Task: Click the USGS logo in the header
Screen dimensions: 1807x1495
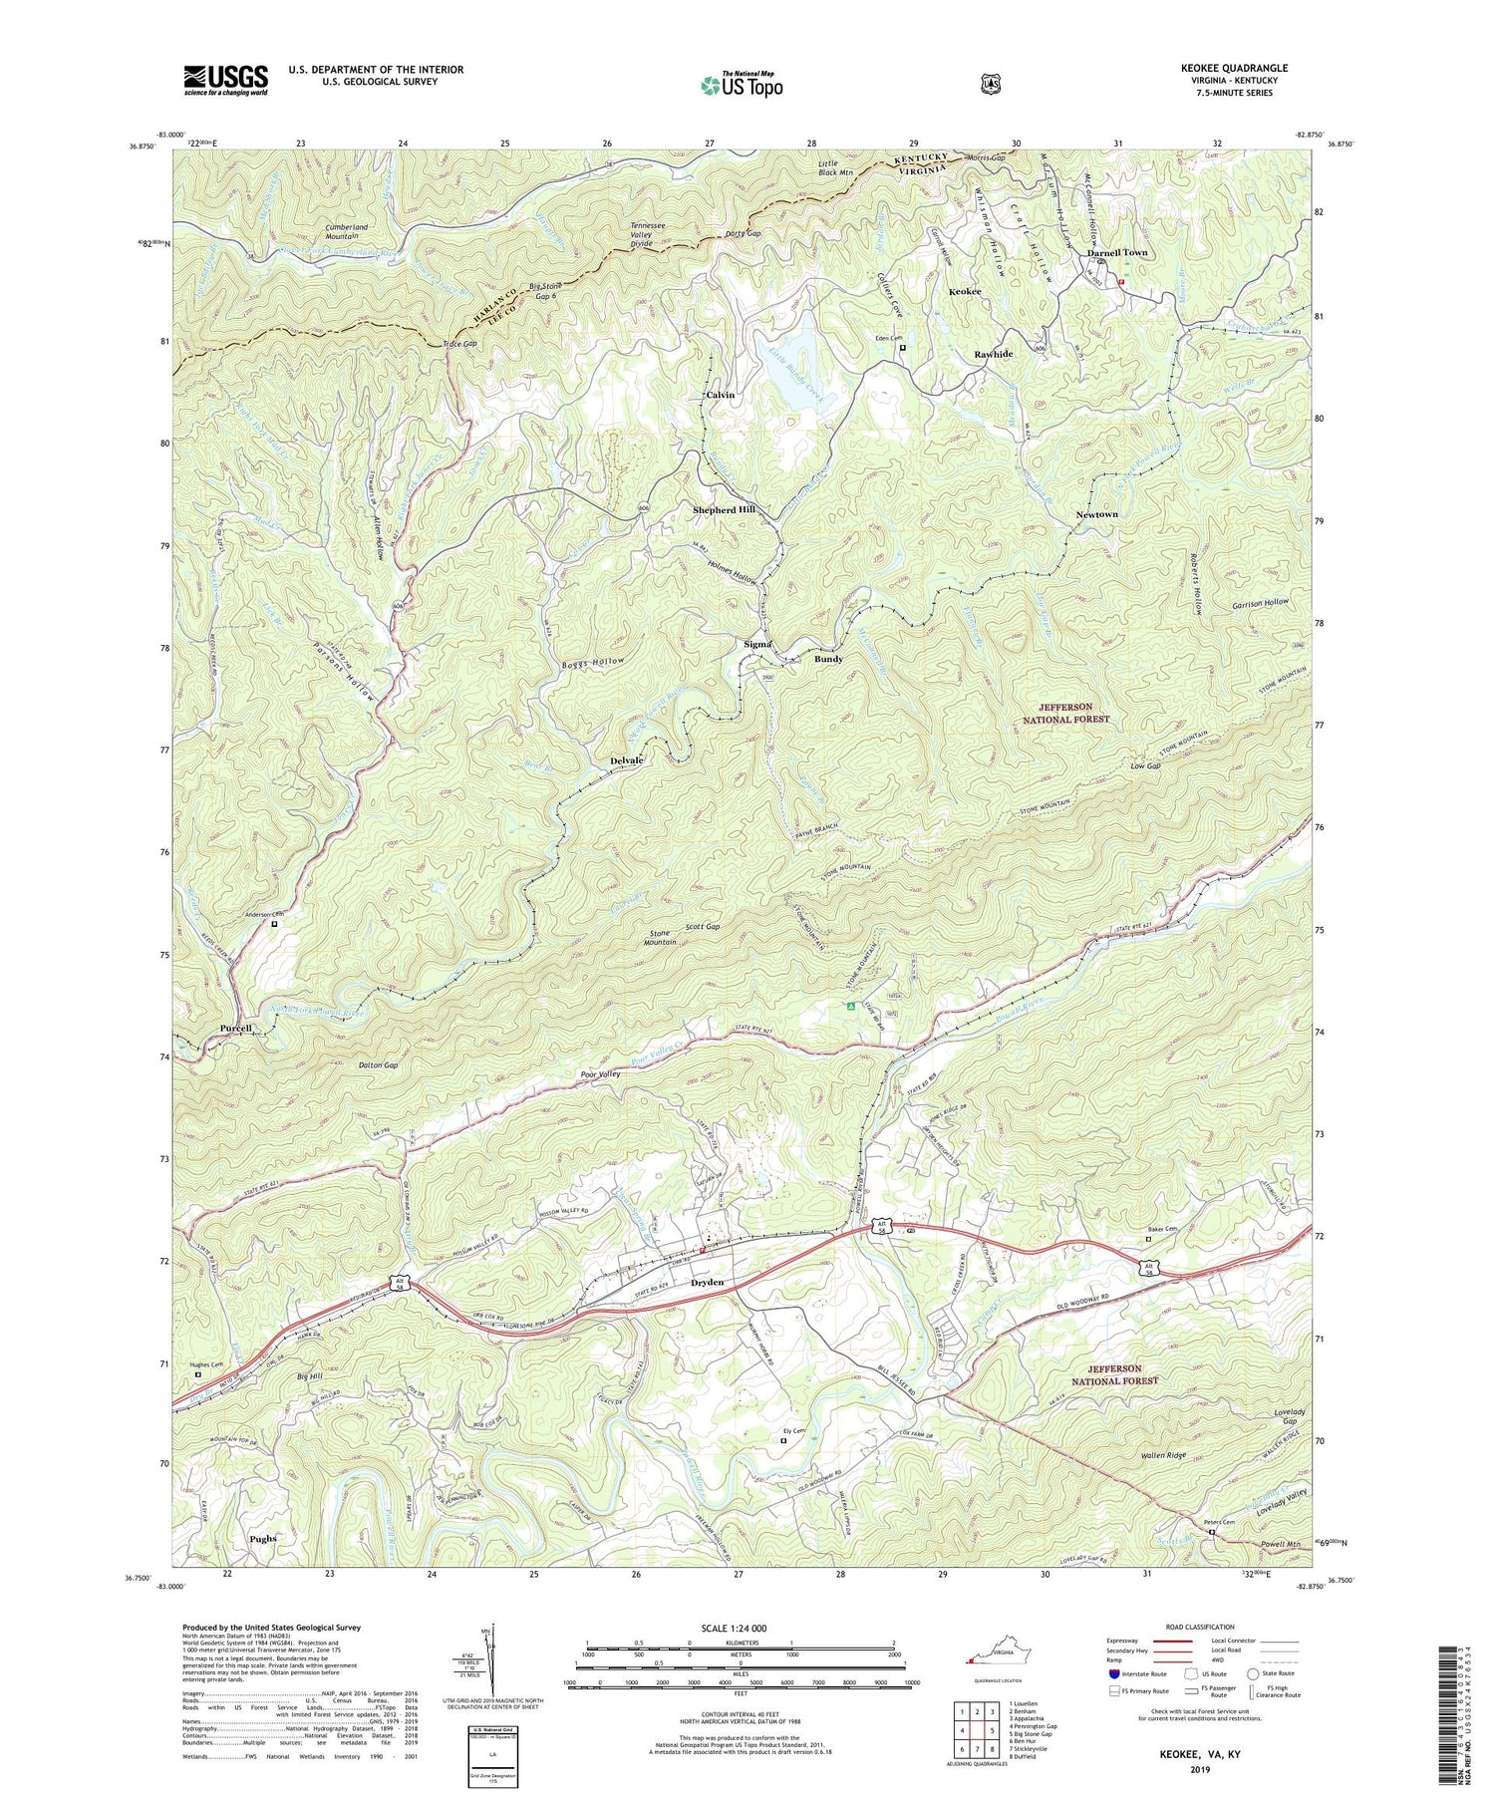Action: tap(225, 80)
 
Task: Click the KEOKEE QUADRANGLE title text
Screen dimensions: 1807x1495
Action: tap(1232, 68)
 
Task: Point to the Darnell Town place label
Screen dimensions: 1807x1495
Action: tap(1116, 253)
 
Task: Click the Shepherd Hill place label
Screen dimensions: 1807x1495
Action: tap(725, 510)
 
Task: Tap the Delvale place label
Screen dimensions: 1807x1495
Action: tap(626, 760)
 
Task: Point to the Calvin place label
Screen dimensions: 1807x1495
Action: tap(720, 395)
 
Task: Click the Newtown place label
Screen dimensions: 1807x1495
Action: tap(1096, 514)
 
